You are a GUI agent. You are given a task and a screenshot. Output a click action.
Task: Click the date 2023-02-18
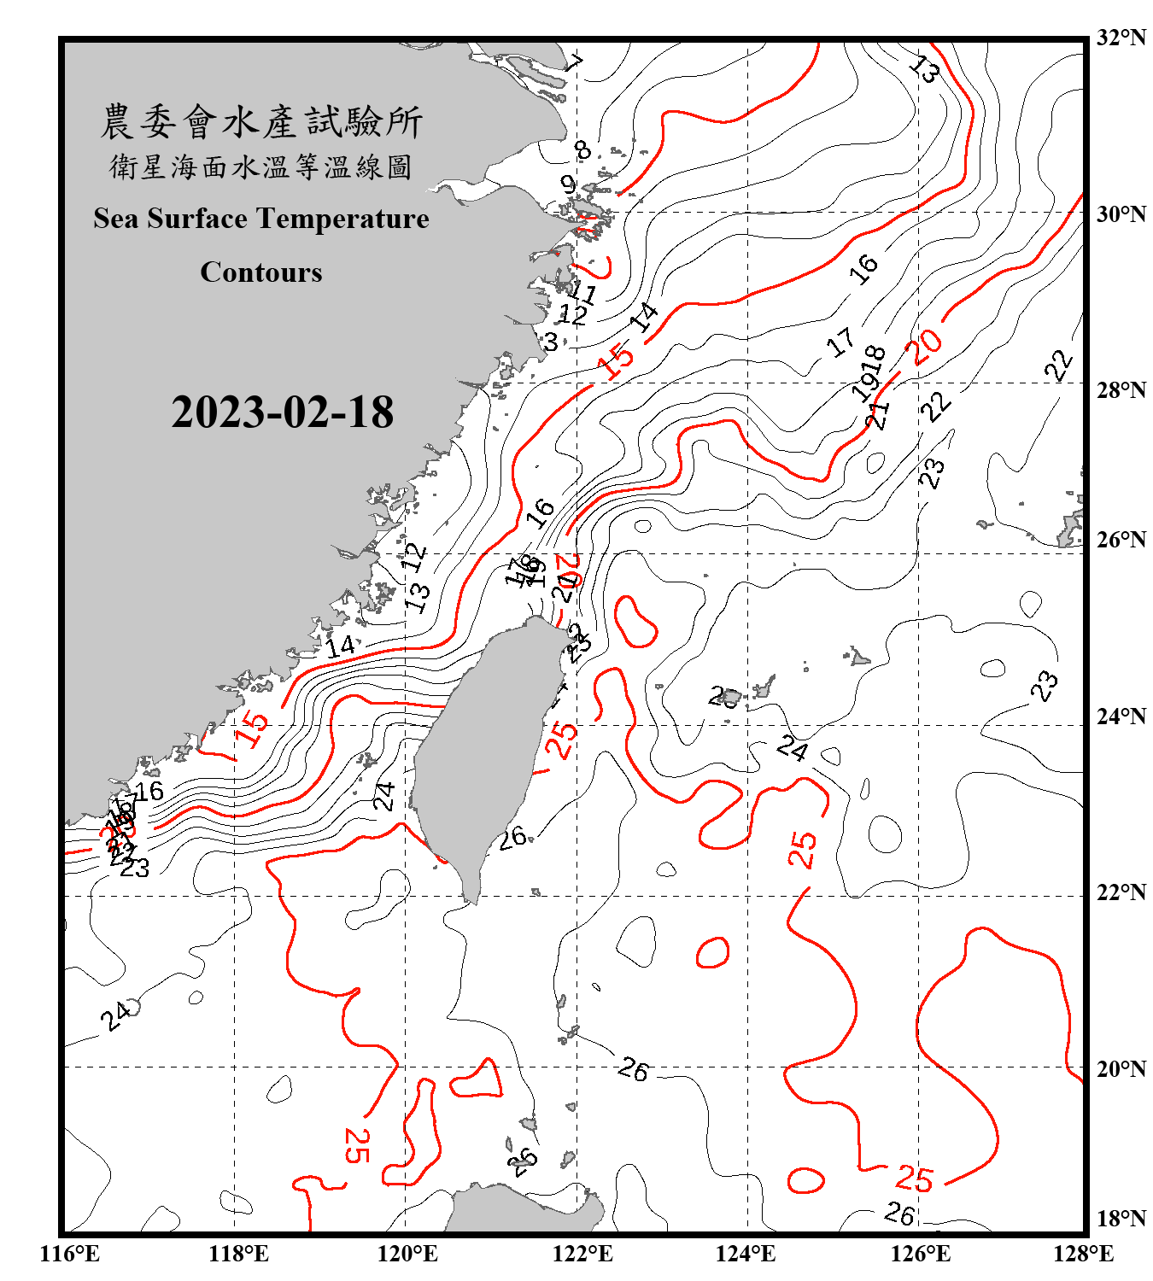(x=282, y=412)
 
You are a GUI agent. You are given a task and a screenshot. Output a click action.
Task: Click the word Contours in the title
(x=261, y=272)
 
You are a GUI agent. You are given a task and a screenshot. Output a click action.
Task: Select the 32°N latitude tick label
(x=1121, y=38)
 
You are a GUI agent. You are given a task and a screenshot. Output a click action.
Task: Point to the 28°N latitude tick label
(x=1121, y=390)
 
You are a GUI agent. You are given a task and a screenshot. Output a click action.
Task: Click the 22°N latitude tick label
(x=1121, y=892)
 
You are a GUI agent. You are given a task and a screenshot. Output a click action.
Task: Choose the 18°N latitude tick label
(x=1121, y=1218)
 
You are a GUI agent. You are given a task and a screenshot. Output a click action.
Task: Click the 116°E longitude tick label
(x=69, y=1254)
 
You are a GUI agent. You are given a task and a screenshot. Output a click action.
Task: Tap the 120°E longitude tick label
(x=407, y=1254)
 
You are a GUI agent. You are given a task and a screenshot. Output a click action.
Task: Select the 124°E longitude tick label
(x=746, y=1254)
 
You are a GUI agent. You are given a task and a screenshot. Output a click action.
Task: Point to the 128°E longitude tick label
(x=1083, y=1254)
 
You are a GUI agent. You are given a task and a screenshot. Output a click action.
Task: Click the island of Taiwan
(x=483, y=752)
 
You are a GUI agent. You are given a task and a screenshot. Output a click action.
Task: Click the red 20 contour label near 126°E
(x=926, y=346)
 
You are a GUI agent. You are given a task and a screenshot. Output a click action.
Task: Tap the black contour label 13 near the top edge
(x=924, y=67)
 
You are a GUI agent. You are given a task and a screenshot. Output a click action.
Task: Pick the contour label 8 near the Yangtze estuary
(x=582, y=150)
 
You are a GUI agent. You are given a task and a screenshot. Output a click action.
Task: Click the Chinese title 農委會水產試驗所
(x=261, y=122)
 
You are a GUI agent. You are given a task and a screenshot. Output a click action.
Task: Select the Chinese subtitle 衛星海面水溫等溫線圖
(x=261, y=167)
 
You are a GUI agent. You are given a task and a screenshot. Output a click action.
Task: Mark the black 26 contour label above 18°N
(x=899, y=1213)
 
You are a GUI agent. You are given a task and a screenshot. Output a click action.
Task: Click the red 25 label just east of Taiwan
(x=561, y=739)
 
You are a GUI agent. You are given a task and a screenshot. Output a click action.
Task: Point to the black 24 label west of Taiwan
(x=384, y=796)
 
